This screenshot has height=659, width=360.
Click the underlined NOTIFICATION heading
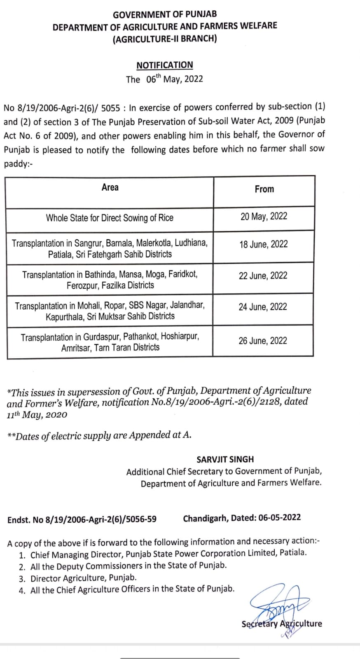point(165,65)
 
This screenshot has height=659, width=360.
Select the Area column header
point(110,188)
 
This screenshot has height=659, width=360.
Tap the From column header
point(264,189)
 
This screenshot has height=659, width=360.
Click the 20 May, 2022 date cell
point(264,217)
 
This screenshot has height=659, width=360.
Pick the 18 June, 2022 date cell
point(264,244)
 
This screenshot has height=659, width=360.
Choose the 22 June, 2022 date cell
point(263,276)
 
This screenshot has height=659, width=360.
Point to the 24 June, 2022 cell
point(263,307)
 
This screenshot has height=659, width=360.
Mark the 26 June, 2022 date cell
point(263,341)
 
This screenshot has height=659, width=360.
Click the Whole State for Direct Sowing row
point(110,218)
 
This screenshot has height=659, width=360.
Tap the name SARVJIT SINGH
point(225,459)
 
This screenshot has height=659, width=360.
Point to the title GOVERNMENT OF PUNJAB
point(165,14)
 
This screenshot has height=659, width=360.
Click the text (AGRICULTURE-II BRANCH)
point(165,39)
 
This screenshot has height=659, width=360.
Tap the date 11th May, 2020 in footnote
point(37,415)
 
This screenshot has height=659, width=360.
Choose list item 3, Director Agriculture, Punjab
point(84,578)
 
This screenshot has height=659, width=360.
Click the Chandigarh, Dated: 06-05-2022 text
point(242,518)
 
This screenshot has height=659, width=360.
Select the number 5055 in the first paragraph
point(110,108)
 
